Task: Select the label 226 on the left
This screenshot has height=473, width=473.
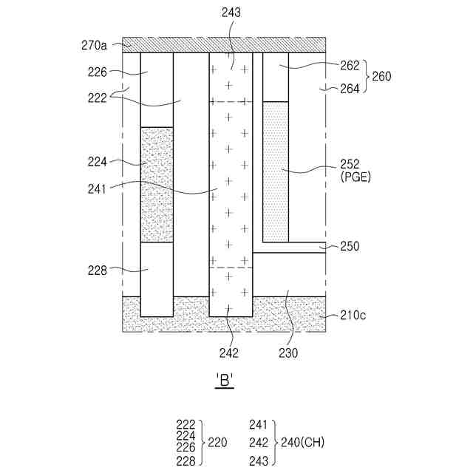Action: [x=98, y=72]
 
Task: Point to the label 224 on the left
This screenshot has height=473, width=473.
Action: [x=98, y=162]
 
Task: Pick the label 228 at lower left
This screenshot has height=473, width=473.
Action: [x=98, y=270]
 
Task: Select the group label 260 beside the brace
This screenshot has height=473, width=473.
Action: [x=381, y=77]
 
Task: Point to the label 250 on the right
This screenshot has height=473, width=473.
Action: [x=350, y=246]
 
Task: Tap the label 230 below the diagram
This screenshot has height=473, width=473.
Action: [x=288, y=353]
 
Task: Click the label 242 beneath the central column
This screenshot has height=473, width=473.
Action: [x=230, y=353]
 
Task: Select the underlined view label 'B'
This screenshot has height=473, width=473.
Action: [x=225, y=381]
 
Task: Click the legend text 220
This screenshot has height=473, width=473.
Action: [x=217, y=443]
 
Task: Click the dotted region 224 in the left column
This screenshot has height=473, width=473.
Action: [x=157, y=185]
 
